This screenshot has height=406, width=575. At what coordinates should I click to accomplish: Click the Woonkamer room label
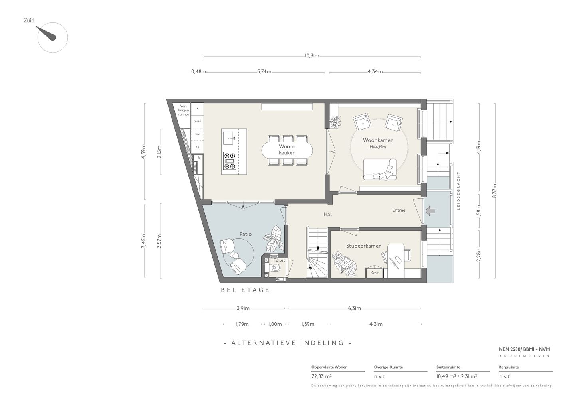(378, 140)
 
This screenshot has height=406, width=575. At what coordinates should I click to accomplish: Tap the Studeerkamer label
(363, 246)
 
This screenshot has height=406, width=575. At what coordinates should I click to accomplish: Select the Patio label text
(246, 234)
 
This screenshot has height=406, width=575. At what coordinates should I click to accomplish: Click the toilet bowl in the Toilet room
(275, 268)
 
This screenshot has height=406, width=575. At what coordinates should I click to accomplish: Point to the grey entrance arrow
(430, 211)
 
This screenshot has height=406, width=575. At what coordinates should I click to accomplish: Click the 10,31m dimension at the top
(312, 56)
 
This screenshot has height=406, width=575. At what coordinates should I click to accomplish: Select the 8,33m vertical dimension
(495, 191)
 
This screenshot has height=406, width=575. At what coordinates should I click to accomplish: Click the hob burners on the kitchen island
(230, 161)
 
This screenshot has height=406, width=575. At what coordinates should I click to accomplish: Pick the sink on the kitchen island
(230, 138)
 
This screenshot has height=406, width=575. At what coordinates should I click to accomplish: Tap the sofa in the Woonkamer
(380, 169)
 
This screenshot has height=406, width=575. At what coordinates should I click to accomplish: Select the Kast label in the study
(375, 273)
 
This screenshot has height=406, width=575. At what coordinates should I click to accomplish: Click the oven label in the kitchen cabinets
(197, 121)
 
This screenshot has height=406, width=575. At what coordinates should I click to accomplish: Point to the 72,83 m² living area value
(321, 376)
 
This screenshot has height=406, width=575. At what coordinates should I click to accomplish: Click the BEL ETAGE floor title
(245, 290)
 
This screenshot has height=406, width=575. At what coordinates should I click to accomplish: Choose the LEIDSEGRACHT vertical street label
(458, 191)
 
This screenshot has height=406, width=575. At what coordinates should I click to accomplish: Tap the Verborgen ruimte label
(184, 110)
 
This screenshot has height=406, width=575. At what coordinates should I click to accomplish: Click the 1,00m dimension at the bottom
(275, 324)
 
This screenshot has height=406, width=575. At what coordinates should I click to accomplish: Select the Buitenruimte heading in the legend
(448, 367)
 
